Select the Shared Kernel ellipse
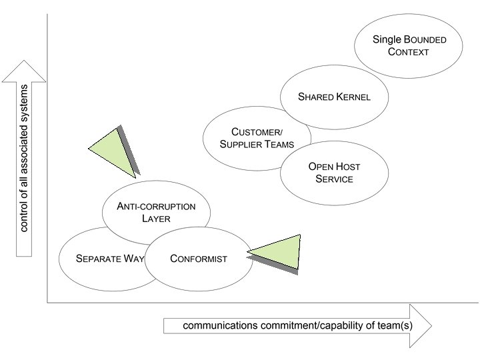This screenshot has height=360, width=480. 334,97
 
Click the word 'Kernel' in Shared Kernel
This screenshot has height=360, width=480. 353,97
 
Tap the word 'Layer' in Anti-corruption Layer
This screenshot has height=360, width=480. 156,219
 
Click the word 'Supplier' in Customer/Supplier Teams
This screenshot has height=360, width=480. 241,145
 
